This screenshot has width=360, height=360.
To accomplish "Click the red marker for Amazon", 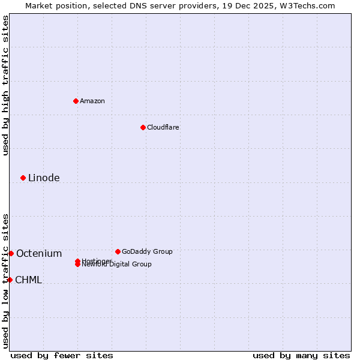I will [x=76, y=101].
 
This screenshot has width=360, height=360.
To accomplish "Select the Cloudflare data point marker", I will [x=143, y=127].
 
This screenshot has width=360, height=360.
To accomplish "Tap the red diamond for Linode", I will [x=23, y=178].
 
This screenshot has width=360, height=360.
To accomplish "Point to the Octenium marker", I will [x=11, y=253].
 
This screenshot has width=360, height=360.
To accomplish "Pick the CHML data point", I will [x=10, y=280].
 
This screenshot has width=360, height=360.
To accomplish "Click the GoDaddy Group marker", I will [x=118, y=251].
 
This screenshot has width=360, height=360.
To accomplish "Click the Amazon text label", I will [x=92, y=101].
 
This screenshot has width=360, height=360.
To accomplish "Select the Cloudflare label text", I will [x=163, y=127].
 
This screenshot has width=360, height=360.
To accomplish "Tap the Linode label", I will [x=44, y=178].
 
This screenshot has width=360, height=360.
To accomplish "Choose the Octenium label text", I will [x=39, y=253].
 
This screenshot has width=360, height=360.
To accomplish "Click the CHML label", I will [x=28, y=280].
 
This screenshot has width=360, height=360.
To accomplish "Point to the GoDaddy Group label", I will [x=147, y=251].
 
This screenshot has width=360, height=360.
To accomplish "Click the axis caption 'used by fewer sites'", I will [x=62, y=355].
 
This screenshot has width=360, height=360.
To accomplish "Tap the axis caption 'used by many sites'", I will [x=301, y=355].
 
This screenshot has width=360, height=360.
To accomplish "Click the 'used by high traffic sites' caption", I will [x=5, y=85].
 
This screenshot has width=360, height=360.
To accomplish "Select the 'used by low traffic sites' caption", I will [x=5, y=281].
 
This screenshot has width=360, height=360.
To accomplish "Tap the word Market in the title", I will [x=40, y=5].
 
